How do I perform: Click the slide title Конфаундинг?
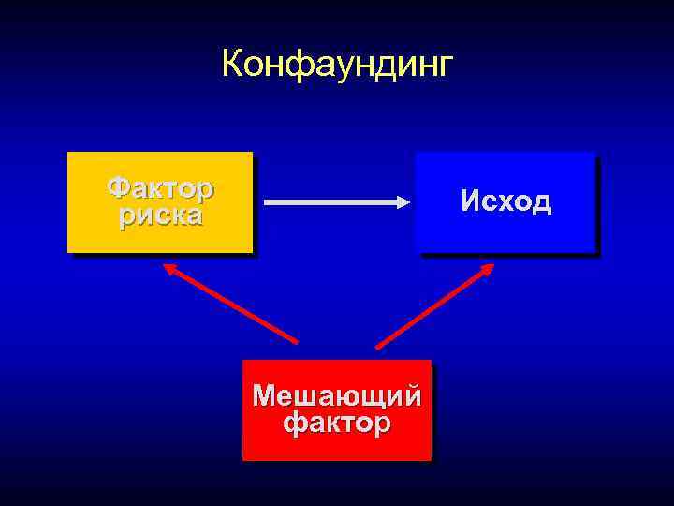(337, 65)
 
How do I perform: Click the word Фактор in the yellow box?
(160, 188)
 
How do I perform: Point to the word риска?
(160, 216)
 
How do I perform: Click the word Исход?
(505, 201)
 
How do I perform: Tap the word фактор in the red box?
(337, 424)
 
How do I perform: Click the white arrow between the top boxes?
(332, 201)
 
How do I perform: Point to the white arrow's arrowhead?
(406, 201)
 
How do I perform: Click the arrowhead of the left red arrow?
(169, 267)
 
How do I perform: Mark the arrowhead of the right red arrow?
(489, 268)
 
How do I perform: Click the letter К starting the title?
(232, 65)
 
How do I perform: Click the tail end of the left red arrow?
(296, 341)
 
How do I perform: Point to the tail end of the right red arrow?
(378, 347)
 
